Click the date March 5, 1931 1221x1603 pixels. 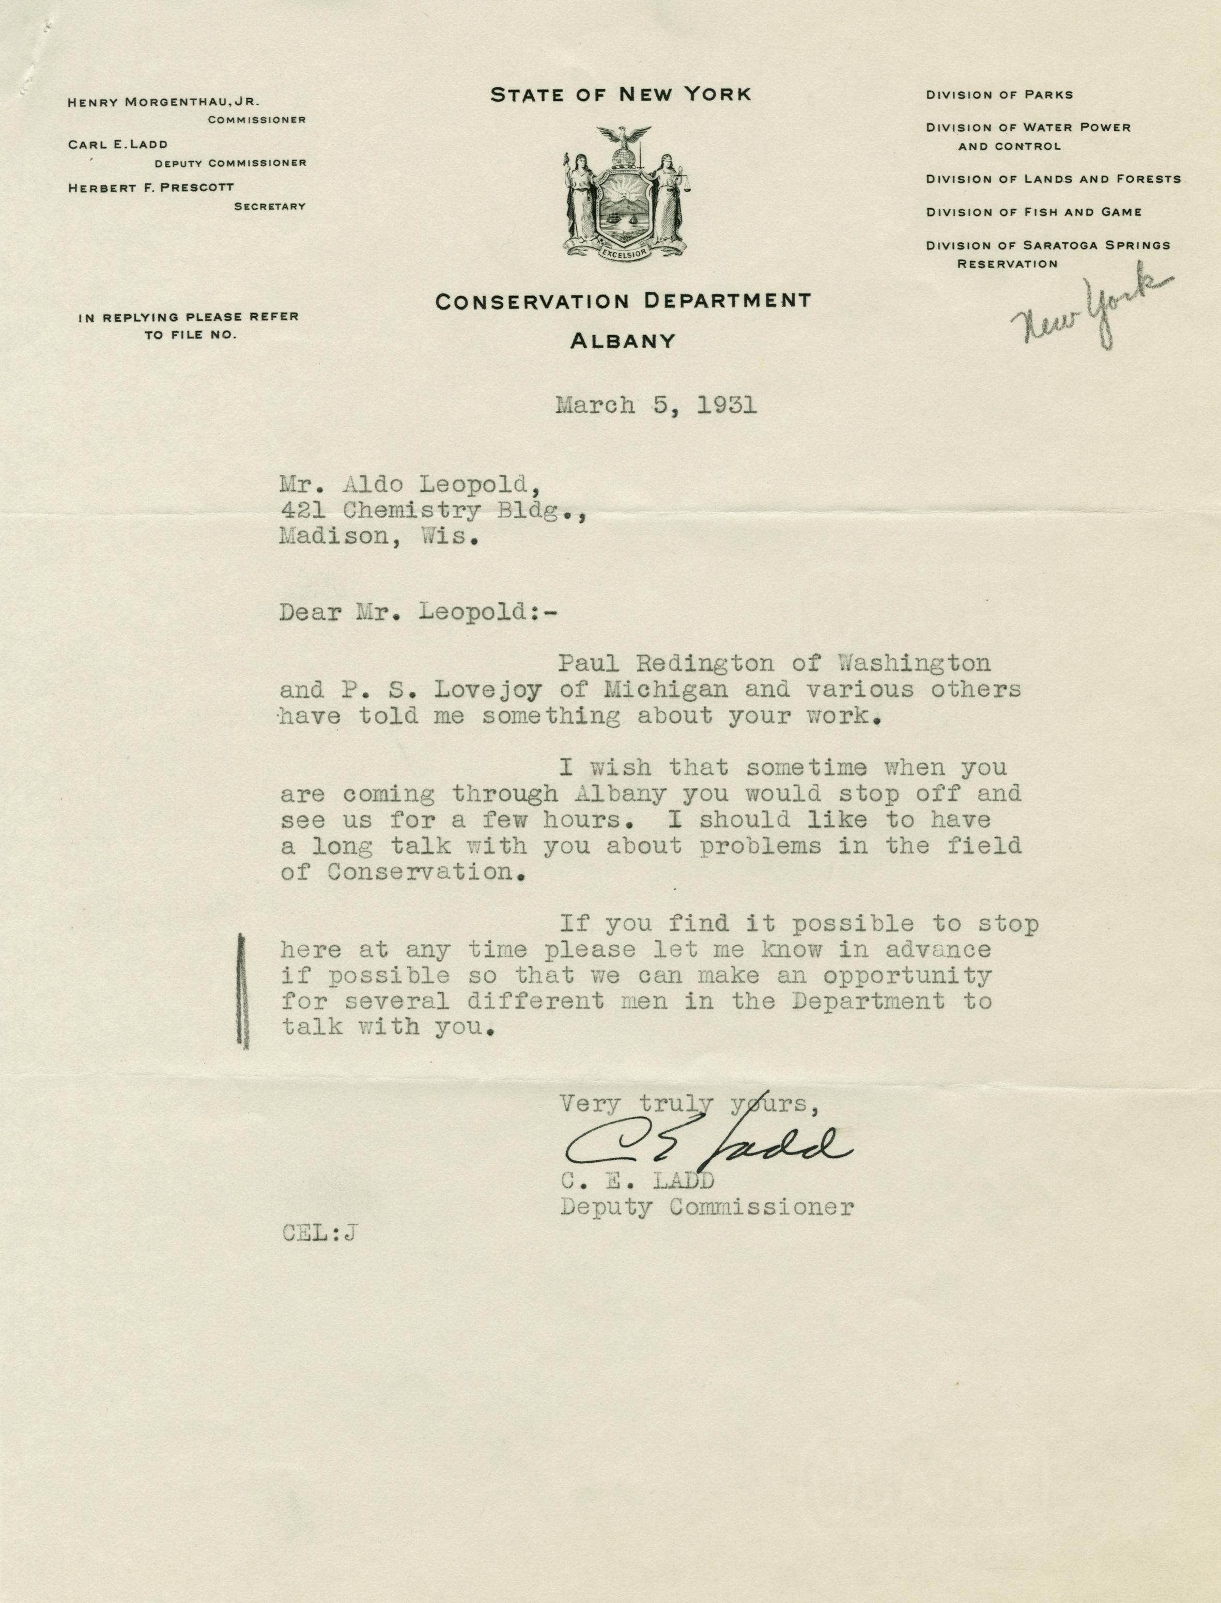(656, 404)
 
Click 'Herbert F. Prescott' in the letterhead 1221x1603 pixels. (151, 188)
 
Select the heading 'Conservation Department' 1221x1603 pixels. (623, 301)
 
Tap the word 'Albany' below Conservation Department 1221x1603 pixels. (623, 341)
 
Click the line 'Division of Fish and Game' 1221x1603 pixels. (1033, 212)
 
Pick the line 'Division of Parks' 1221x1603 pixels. (999, 95)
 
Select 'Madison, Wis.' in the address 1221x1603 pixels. (379, 537)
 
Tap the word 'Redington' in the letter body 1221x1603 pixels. (715, 663)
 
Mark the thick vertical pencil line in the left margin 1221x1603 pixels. (243, 992)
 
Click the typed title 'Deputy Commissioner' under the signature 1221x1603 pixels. (706, 1207)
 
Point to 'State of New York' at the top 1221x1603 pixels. (621, 95)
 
